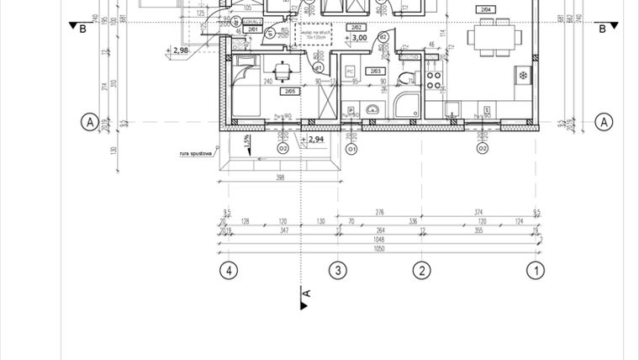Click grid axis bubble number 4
pos(227,270)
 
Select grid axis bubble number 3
pos(337,270)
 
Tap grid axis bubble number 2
pos(421,270)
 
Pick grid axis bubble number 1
pos(533,270)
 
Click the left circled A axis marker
pos(88,122)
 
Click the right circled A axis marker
pos(604,122)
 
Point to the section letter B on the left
pos(82,29)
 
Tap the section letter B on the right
pos(602,29)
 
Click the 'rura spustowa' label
pos(194,154)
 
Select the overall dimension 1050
pos(379,251)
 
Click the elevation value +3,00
pos(358,38)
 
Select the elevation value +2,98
pos(179,50)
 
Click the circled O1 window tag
pos(352,150)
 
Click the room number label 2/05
pos(290,91)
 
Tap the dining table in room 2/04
pos(492,36)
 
